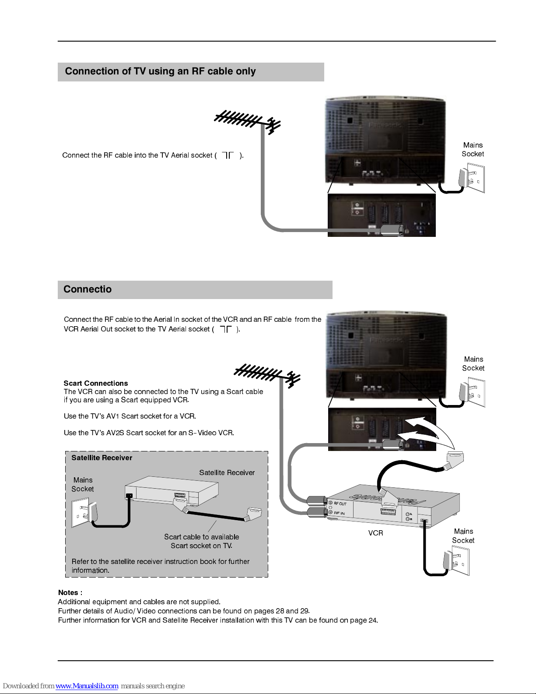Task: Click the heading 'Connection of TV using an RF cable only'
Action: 160,71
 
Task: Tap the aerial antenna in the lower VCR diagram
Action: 267,376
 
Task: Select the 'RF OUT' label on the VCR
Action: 340,504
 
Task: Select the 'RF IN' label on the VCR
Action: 339,513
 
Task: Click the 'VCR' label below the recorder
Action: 375,533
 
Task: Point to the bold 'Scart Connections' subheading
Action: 96,383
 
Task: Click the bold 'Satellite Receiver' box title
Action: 102,458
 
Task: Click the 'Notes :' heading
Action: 70,593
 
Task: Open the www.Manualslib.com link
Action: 87,686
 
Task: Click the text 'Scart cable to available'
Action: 202,537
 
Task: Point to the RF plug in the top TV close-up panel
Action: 393,230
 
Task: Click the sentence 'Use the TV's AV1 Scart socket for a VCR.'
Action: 130,416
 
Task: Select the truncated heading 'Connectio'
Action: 88,289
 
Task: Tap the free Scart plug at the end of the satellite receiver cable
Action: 253,514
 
